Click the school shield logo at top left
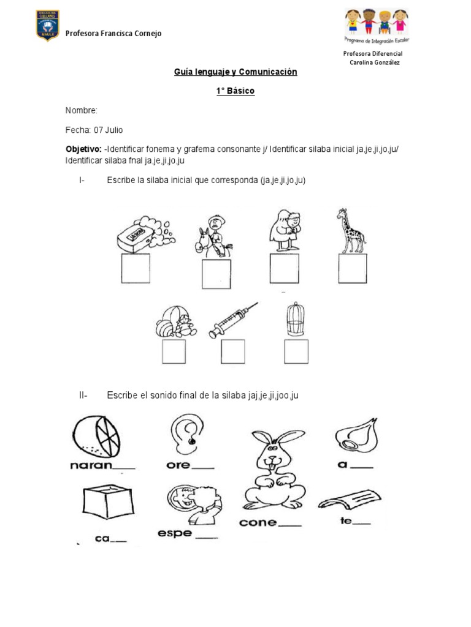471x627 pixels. coord(47,26)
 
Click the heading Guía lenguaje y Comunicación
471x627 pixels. coord(235,72)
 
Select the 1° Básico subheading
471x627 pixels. coord(235,91)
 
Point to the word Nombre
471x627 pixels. coord(81,111)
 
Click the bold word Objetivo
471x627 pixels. coord(83,150)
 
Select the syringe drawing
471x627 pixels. coord(233,320)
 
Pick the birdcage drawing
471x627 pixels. coord(296,318)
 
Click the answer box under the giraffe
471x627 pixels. coord(353,269)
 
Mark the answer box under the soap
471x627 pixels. coord(136,269)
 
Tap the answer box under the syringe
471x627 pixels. coord(233,351)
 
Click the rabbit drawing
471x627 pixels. coord(270,472)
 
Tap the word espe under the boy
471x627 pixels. coord(175,533)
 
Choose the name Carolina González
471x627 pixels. coord(374,62)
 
